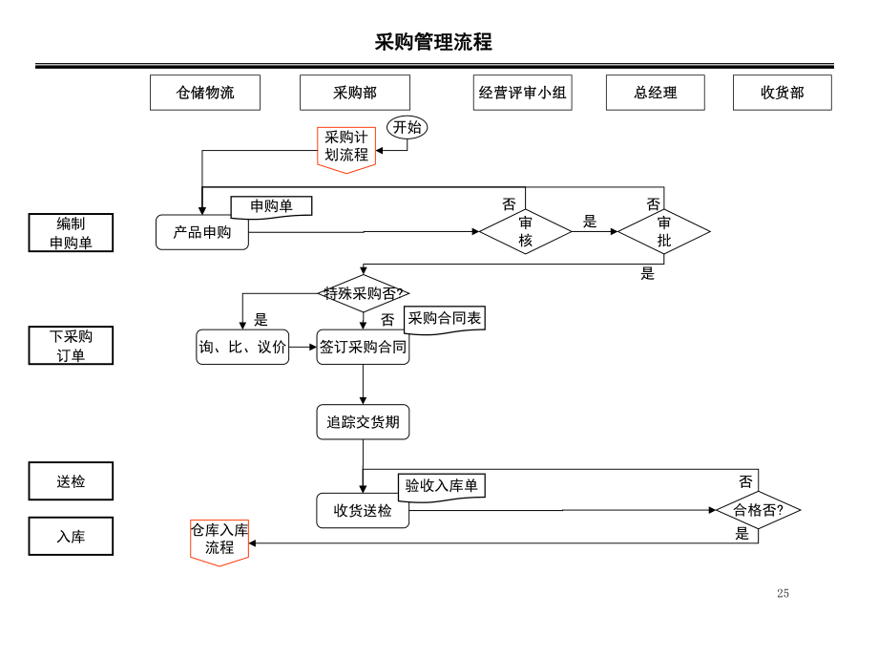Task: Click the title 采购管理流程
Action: (433, 42)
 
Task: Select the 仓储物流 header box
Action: (204, 93)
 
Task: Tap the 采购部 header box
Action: (354, 93)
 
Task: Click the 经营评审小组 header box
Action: (522, 93)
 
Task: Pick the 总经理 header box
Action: (655, 93)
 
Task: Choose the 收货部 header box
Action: (782, 93)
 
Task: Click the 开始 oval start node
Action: (408, 127)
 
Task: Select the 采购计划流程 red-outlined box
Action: (346, 147)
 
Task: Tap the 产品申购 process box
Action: (201, 232)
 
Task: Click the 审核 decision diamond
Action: (525, 231)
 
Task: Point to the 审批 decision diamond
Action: (663, 231)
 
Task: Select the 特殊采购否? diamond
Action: (363, 293)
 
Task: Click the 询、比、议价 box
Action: (242, 347)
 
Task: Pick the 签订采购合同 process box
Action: (363, 347)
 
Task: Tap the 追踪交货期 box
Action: (363, 422)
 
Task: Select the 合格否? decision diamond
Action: (758, 510)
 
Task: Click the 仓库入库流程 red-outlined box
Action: (219, 540)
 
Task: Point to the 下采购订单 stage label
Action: (71, 346)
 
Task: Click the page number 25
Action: (783, 593)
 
